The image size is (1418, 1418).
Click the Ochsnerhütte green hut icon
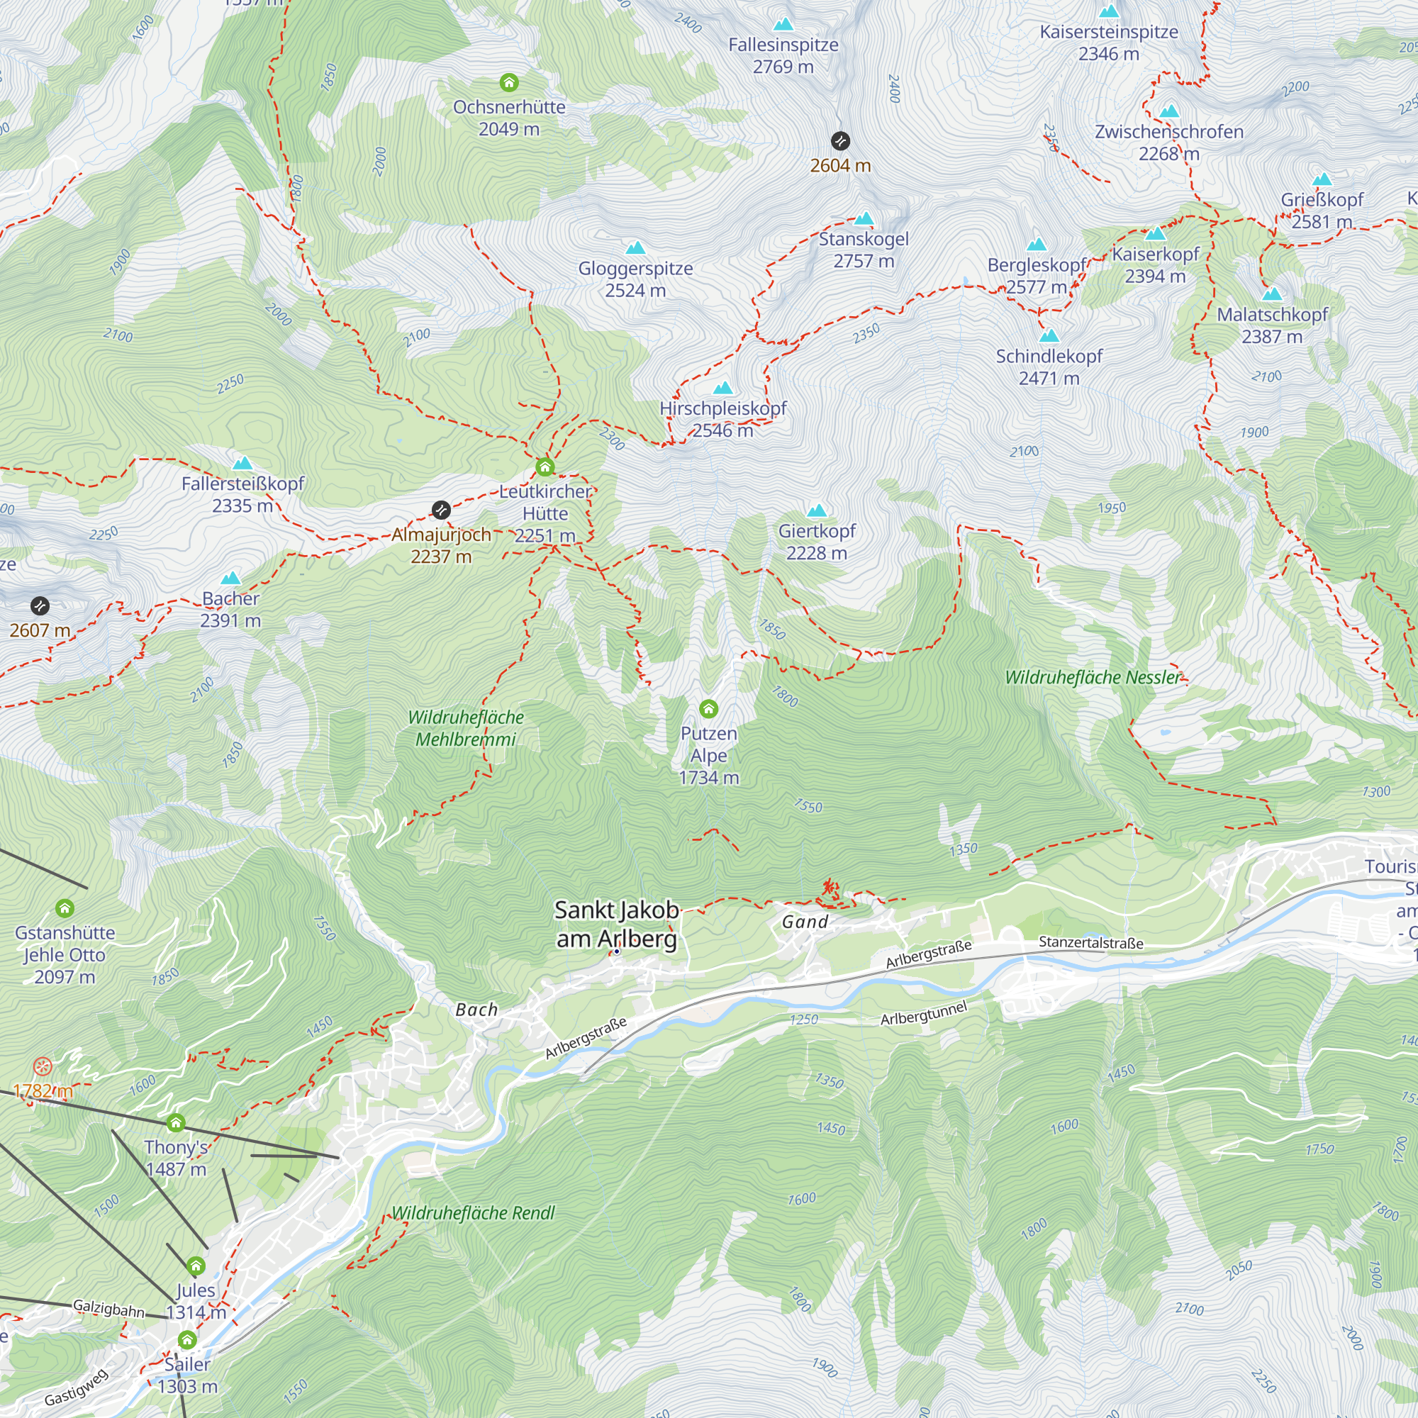(508, 82)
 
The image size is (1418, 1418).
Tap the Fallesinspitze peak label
(783, 45)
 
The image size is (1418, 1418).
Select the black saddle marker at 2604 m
(840, 141)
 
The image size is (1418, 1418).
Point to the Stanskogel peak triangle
(864, 218)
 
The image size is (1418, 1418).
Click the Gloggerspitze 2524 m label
(635, 279)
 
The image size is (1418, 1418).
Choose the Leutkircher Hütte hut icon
(545, 467)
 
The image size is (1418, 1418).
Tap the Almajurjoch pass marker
(440, 509)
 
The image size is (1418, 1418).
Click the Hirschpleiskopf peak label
(722, 409)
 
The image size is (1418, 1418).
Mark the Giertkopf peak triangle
(817, 510)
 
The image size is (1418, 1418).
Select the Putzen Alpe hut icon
(708, 708)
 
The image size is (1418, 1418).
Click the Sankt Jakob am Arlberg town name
(617, 923)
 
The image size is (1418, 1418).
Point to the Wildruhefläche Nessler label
(1093, 677)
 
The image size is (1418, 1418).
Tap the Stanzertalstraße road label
(1090, 942)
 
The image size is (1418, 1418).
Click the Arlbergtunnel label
(923, 1014)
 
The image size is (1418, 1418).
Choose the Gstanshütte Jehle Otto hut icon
(65, 909)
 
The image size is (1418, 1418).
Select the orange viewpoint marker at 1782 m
(43, 1066)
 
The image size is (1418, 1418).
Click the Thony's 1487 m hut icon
(175, 1123)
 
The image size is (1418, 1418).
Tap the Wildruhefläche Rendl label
(473, 1213)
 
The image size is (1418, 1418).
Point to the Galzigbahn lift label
(108, 1309)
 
